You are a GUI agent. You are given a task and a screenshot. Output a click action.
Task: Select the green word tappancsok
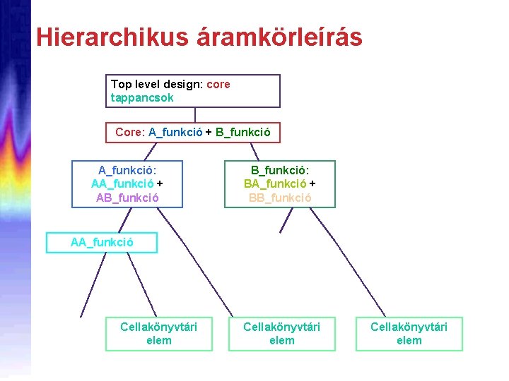click(142, 97)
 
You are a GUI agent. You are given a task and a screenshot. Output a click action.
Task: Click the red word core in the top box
click(218, 84)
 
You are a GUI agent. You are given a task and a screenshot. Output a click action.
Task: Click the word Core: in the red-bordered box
click(130, 132)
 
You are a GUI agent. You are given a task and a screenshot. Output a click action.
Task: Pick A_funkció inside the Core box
click(175, 132)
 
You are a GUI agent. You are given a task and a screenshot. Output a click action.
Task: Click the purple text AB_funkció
click(127, 197)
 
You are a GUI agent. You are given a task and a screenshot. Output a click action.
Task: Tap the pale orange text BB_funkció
click(280, 197)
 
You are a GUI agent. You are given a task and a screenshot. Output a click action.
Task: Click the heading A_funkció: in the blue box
click(127, 170)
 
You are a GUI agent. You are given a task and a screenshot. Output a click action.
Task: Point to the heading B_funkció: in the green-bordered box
click(280, 170)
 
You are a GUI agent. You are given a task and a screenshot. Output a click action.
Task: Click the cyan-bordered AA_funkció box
click(102, 243)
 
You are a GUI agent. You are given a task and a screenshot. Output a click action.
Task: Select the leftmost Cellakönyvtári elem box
click(158, 333)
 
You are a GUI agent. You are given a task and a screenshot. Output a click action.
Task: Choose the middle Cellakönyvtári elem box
click(281, 333)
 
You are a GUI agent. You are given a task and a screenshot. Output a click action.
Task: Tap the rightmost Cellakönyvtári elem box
click(409, 333)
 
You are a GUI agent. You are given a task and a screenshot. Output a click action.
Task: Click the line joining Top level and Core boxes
click(195, 115)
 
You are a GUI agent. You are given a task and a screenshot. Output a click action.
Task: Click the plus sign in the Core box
click(209, 132)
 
